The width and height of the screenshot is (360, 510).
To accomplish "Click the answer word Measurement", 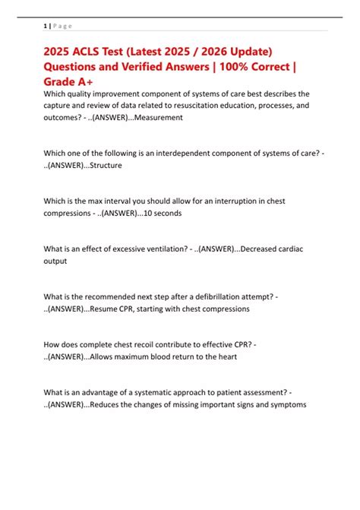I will [x=158, y=118].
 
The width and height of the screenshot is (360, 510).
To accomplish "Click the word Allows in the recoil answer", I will [x=104, y=357].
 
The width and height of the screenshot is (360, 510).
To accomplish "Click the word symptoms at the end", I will [x=285, y=404].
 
